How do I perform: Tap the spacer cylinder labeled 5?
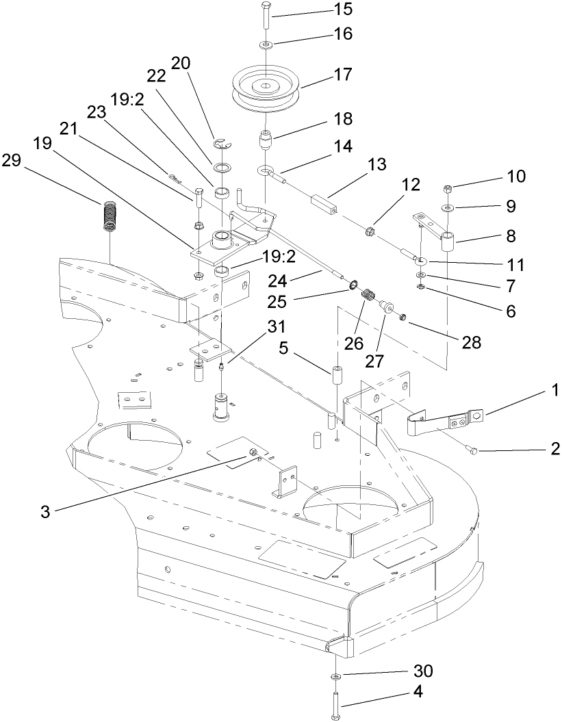pyautogui.click(x=337, y=376)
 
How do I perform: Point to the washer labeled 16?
pyautogui.click(x=264, y=44)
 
